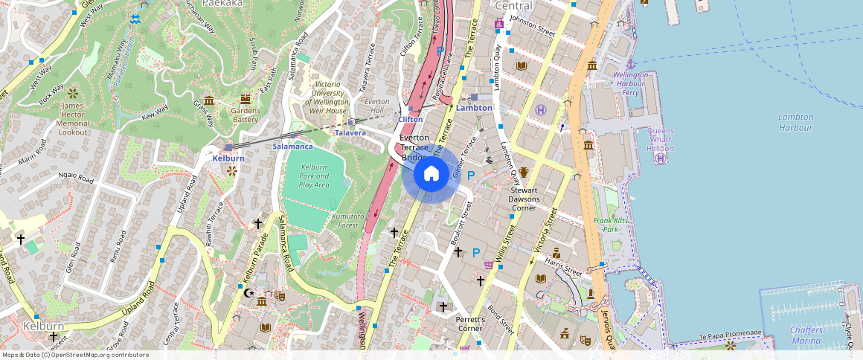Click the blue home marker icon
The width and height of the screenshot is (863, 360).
[431, 175]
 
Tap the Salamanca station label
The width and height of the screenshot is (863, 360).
[292, 147]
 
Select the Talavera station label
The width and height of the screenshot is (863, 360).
[350, 133]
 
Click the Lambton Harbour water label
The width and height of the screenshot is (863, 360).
[795, 122]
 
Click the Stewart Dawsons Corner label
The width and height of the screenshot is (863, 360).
[529, 199]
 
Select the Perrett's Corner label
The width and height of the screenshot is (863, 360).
[469, 324]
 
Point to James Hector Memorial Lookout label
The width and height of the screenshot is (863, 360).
[73, 119]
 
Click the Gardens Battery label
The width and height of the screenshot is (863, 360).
[245, 115]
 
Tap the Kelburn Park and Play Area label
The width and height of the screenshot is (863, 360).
[313, 176]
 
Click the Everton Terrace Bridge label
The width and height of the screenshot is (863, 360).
[415, 147]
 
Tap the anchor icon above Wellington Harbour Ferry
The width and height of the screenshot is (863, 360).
[630, 64]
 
